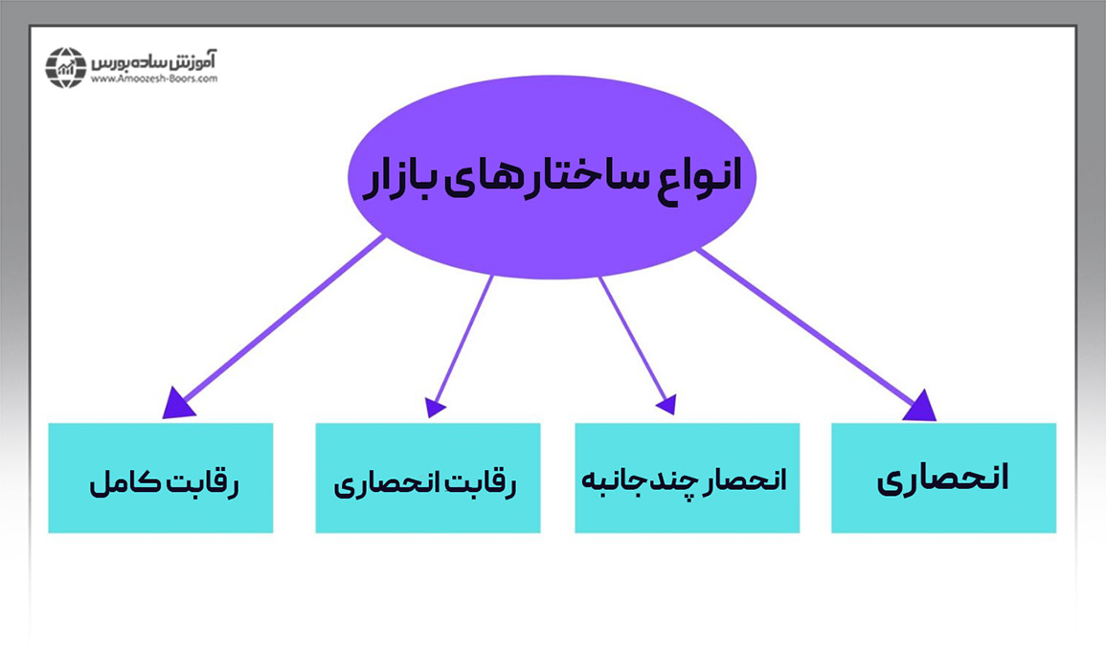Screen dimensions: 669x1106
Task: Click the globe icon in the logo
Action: click(x=66, y=67)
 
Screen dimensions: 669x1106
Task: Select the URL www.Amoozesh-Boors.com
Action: click(x=154, y=79)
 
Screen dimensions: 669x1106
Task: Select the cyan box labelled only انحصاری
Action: click(x=943, y=478)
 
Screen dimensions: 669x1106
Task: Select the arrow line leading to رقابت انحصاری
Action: click(x=463, y=340)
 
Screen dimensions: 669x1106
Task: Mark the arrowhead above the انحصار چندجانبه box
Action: click(x=667, y=405)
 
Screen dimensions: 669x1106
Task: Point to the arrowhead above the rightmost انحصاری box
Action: click(x=921, y=405)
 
